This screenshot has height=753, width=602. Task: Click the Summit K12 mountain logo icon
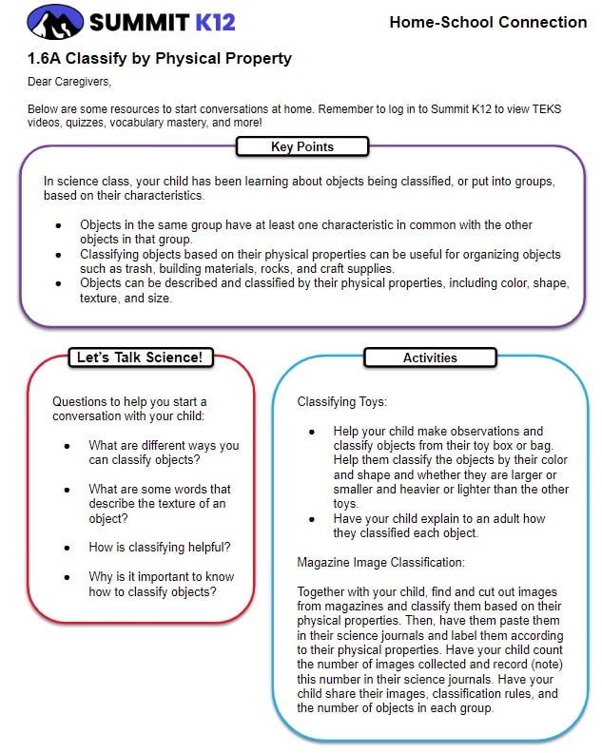point(54,21)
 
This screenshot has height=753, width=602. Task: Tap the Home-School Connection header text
point(488,22)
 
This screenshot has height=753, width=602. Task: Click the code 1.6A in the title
point(47,58)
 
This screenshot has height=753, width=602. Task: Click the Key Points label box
point(302,146)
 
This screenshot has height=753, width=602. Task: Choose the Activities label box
point(430,357)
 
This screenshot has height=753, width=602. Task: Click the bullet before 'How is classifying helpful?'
point(67,548)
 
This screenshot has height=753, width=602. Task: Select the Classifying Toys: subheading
point(341,402)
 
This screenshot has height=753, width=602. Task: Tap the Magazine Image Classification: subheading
point(380,562)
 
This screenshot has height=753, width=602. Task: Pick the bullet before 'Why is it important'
point(67,577)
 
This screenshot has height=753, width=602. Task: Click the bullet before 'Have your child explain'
point(311,519)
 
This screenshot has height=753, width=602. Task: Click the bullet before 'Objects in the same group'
point(58,225)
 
